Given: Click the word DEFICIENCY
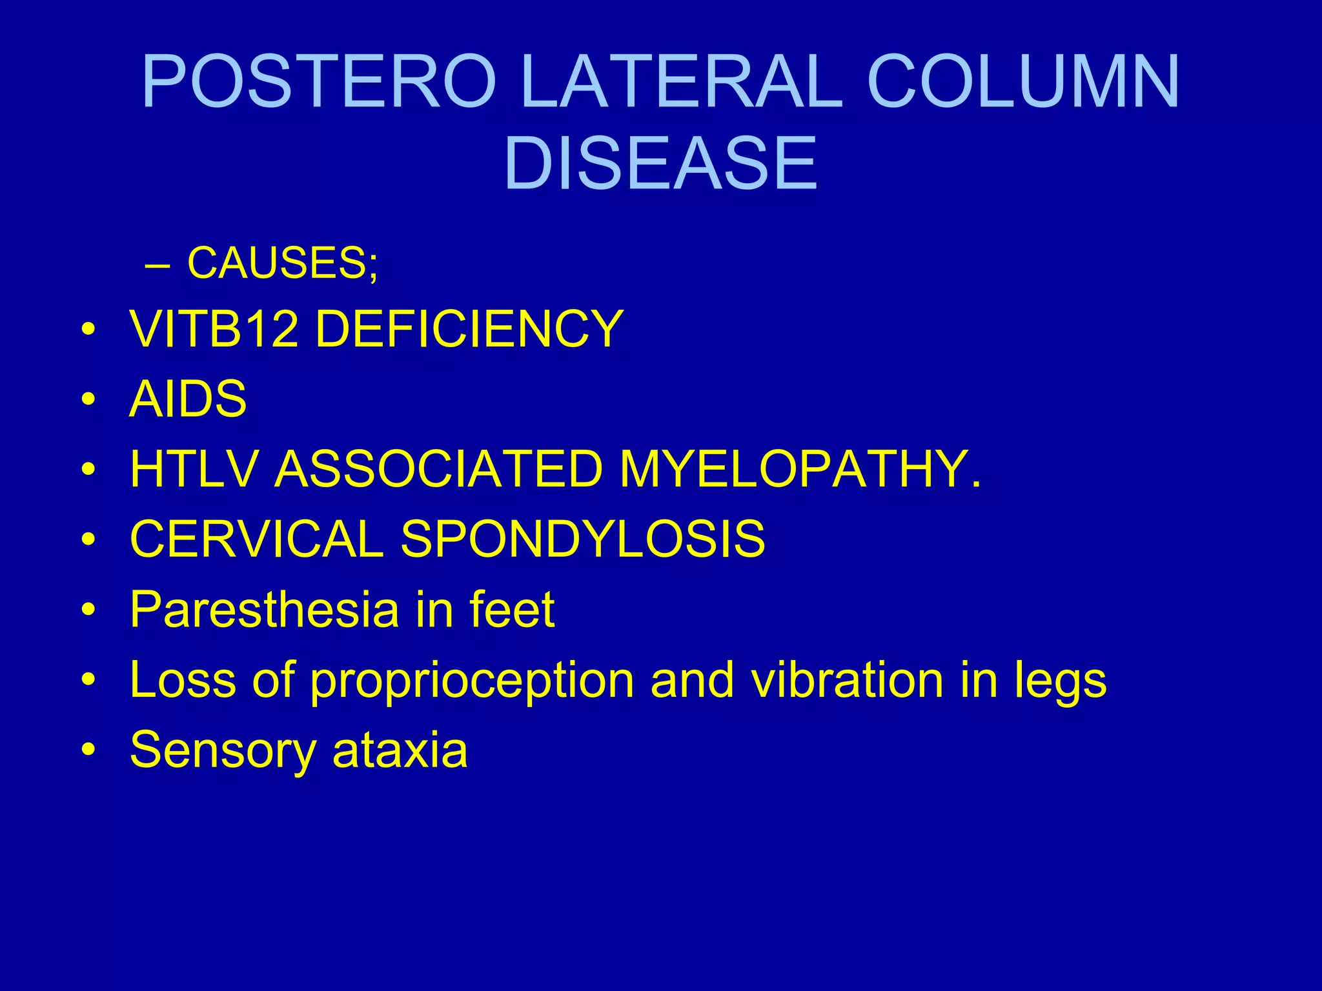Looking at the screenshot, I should pyautogui.click(x=469, y=329).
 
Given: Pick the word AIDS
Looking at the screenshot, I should pyautogui.click(x=188, y=399).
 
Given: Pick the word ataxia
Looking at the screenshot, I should pyautogui.click(x=400, y=750).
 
